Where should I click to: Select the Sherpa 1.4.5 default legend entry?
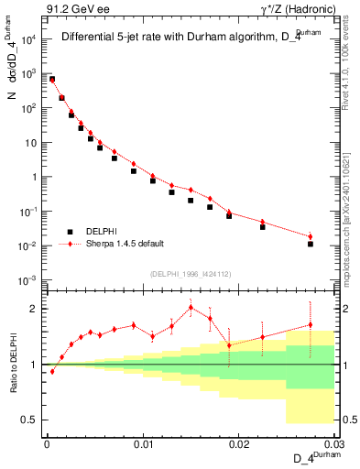pos(127,245)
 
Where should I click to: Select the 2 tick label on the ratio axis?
pos(37,309)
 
